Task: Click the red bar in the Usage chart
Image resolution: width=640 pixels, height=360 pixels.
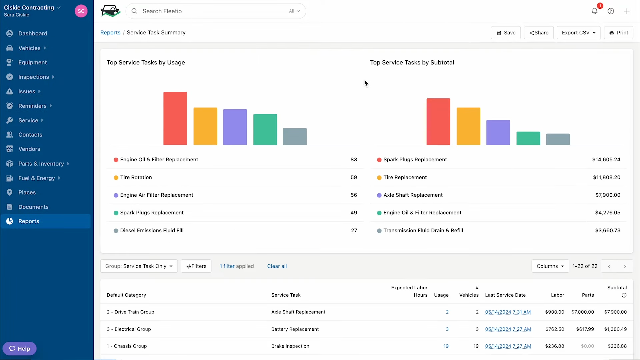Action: [x=175, y=118]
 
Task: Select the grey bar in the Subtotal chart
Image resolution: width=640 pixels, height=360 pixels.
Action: [x=558, y=139]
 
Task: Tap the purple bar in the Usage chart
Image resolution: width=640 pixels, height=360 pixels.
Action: [x=235, y=127]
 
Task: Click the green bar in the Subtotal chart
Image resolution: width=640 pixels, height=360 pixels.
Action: [x=528, y=138]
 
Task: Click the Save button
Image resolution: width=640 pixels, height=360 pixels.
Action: [x=506, y=33]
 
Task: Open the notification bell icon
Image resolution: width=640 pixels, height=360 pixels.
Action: [x=595, y=11]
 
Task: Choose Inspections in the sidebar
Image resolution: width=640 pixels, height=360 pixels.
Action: [x=34, y=77]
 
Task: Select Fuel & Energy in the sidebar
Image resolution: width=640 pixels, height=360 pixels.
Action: [x=37, y=178]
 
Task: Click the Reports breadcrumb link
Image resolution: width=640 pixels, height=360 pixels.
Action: [x=110, y=33]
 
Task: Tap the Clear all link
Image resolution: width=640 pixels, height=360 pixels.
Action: [x=277, y=266]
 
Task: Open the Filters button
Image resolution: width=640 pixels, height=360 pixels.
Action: [x=196, y=266]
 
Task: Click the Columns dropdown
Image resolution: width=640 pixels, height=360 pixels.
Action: [x=550, y=266]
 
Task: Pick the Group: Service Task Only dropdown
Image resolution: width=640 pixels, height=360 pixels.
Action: [x=139, y=266]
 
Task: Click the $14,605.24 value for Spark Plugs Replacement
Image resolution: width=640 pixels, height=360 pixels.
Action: [x=606, y=160]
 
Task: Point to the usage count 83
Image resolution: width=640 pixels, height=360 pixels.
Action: [x=354, y=160]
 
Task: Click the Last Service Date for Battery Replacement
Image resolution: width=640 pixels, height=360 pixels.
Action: [x=508, y=329]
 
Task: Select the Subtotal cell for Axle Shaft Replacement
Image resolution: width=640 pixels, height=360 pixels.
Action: [x=615, y=312]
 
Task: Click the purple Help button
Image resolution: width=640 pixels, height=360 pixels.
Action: [x=20, y=349]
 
